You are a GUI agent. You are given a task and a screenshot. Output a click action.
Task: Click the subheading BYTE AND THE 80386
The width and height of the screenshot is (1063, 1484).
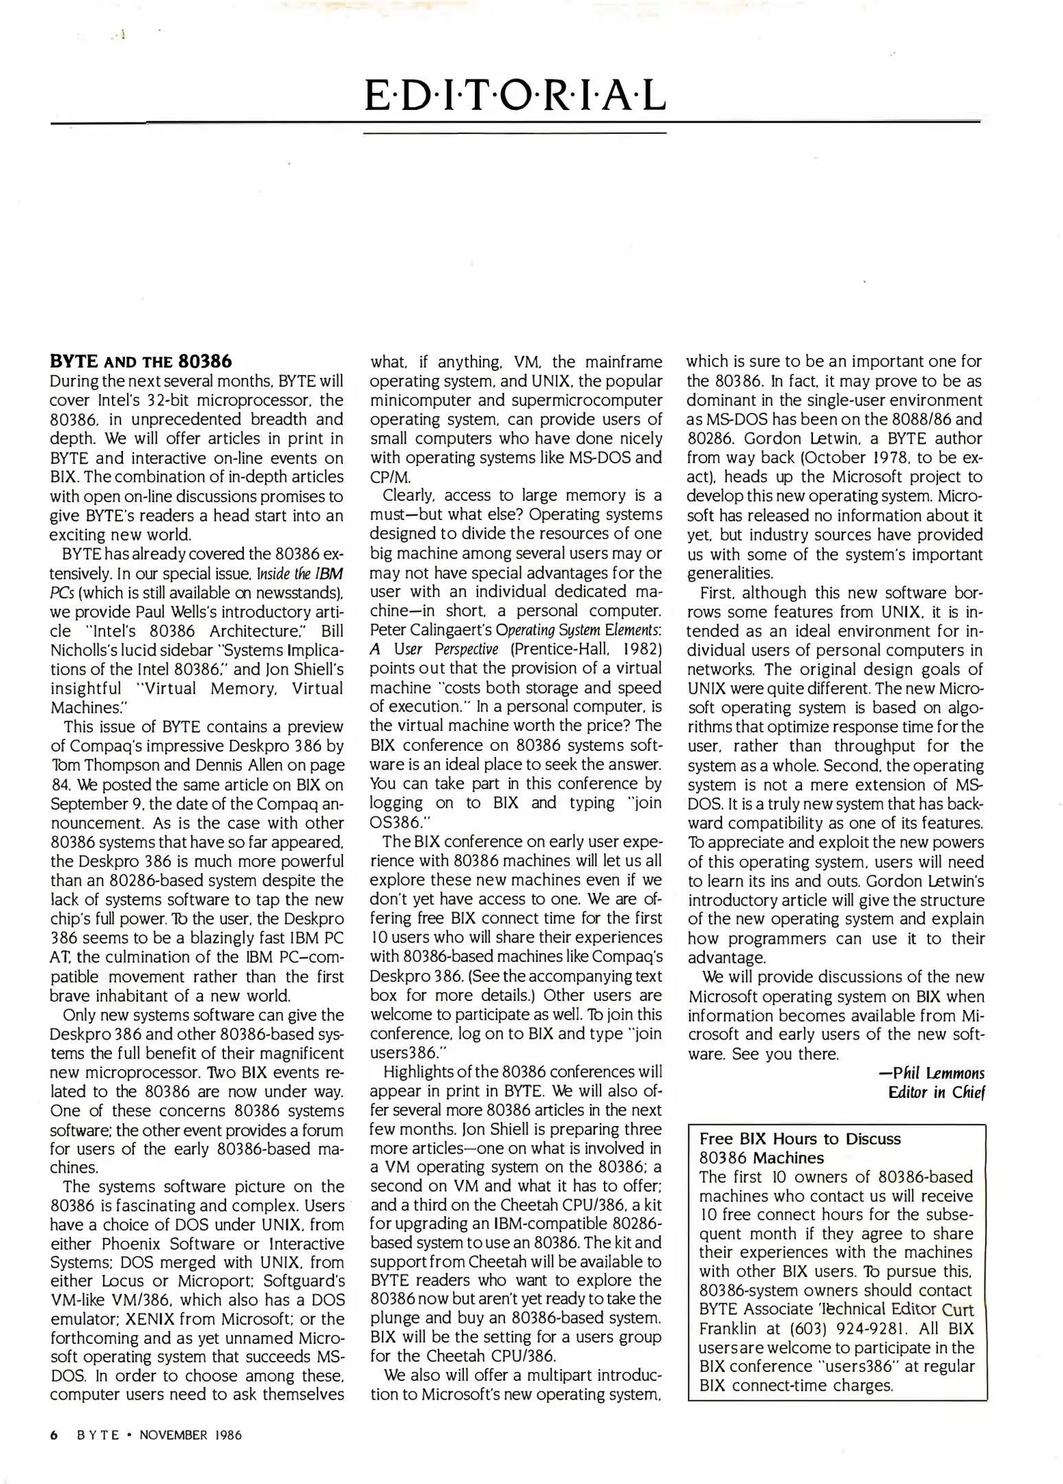pyautogui.click(x=141, y=361)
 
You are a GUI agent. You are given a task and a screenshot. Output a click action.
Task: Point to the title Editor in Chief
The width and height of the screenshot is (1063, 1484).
pyautogui.click(x=937, y=1092)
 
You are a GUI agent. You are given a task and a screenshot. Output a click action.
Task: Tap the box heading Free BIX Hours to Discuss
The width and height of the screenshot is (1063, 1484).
pyautogui.click(x=800, y=1138)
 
